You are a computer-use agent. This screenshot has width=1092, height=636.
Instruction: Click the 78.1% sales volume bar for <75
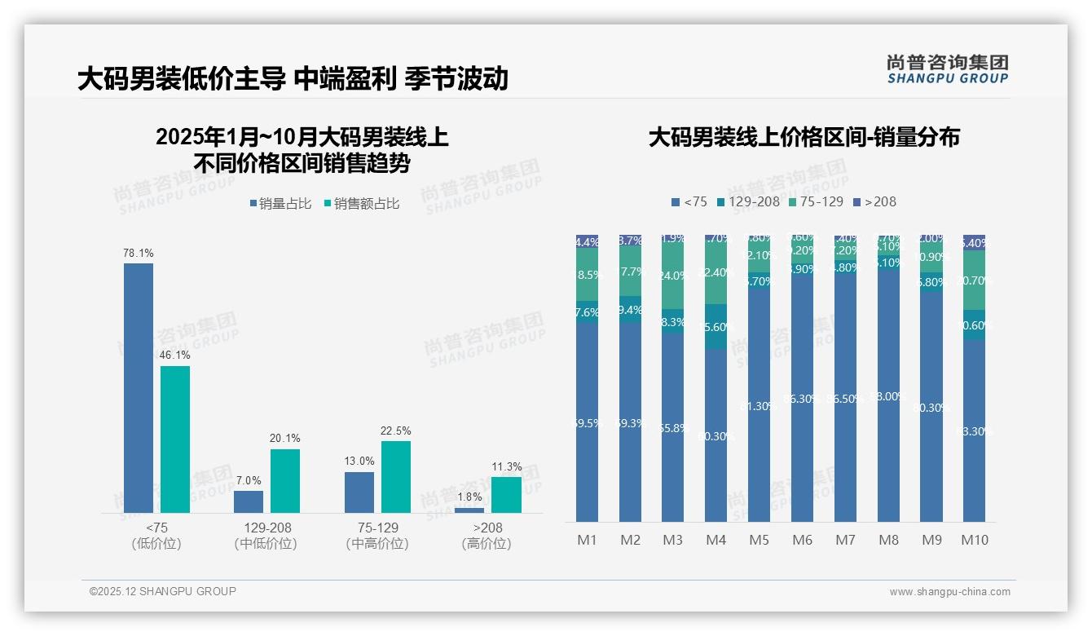tap(138, 387)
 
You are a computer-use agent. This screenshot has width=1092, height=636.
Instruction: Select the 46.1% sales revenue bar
tap(174, 439)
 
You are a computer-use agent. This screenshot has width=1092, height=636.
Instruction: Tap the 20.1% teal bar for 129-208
tap(284, 480)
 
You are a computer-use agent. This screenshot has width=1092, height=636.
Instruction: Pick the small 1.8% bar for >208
tap(469, 510)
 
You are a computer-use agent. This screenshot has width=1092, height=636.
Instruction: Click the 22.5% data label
tap(395, 431)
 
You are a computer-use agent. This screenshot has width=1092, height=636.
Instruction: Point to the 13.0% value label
tap(359, 462)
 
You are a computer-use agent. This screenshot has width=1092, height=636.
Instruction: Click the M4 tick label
tap(715, 540)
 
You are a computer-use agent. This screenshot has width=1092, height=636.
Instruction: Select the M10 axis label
tap(974, 540)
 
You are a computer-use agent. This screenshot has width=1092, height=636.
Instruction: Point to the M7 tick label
tap(844, 540)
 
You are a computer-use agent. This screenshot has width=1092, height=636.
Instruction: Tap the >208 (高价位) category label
tap(486, 536)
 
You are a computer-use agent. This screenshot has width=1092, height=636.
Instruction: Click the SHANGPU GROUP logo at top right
tap(947, 68)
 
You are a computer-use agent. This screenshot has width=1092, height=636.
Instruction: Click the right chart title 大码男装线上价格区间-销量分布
tap(804, 137)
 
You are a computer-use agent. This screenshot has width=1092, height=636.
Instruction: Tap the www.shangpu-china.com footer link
tap(949, 592)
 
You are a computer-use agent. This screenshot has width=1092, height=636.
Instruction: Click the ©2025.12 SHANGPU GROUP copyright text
tap(162, 591)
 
